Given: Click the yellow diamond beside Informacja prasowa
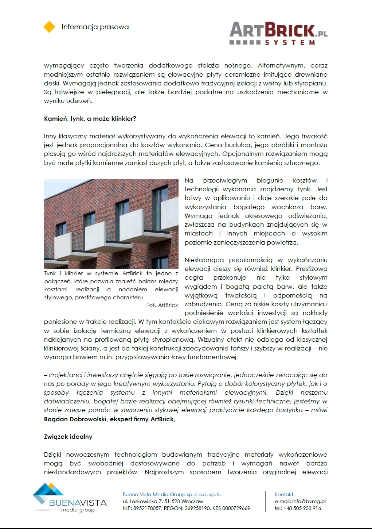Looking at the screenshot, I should tap(49, 27).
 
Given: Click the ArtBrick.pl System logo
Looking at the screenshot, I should tap(278, 34).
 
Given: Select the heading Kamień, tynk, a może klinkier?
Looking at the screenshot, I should tap(90, 119).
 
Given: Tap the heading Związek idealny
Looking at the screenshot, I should tap(68, 437).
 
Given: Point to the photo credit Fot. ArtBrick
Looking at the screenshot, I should tap(162, 305).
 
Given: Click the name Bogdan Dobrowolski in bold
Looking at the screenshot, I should tap(75, 419).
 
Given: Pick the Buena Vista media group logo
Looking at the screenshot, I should tap(69, 498).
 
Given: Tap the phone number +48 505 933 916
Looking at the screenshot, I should tap(302, 508).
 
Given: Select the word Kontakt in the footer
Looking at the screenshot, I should tap(284, 494).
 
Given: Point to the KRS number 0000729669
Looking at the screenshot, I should tap(236, 508).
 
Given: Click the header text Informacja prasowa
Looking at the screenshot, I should tap(95, 27).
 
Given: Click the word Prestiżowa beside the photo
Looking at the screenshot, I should tap(312, 269).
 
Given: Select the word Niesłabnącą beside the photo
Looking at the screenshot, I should tap(204, 260).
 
